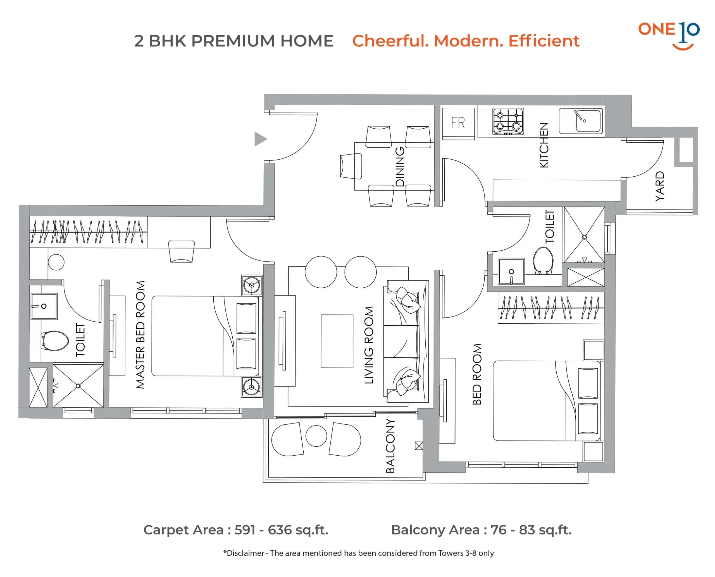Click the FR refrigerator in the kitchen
click(458, 123)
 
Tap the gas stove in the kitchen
click(508, 121)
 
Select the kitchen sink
click(581, 121)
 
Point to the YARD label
click(659, 186)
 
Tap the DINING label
click(400, 167)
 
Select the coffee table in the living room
click(337, 341)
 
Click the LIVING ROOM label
click(369, 345)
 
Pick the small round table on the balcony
click(316, 436)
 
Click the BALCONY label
click(390, 446)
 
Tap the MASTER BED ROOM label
click(140, 335)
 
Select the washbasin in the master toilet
click(44, 306)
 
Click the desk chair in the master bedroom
click(181, 252)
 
